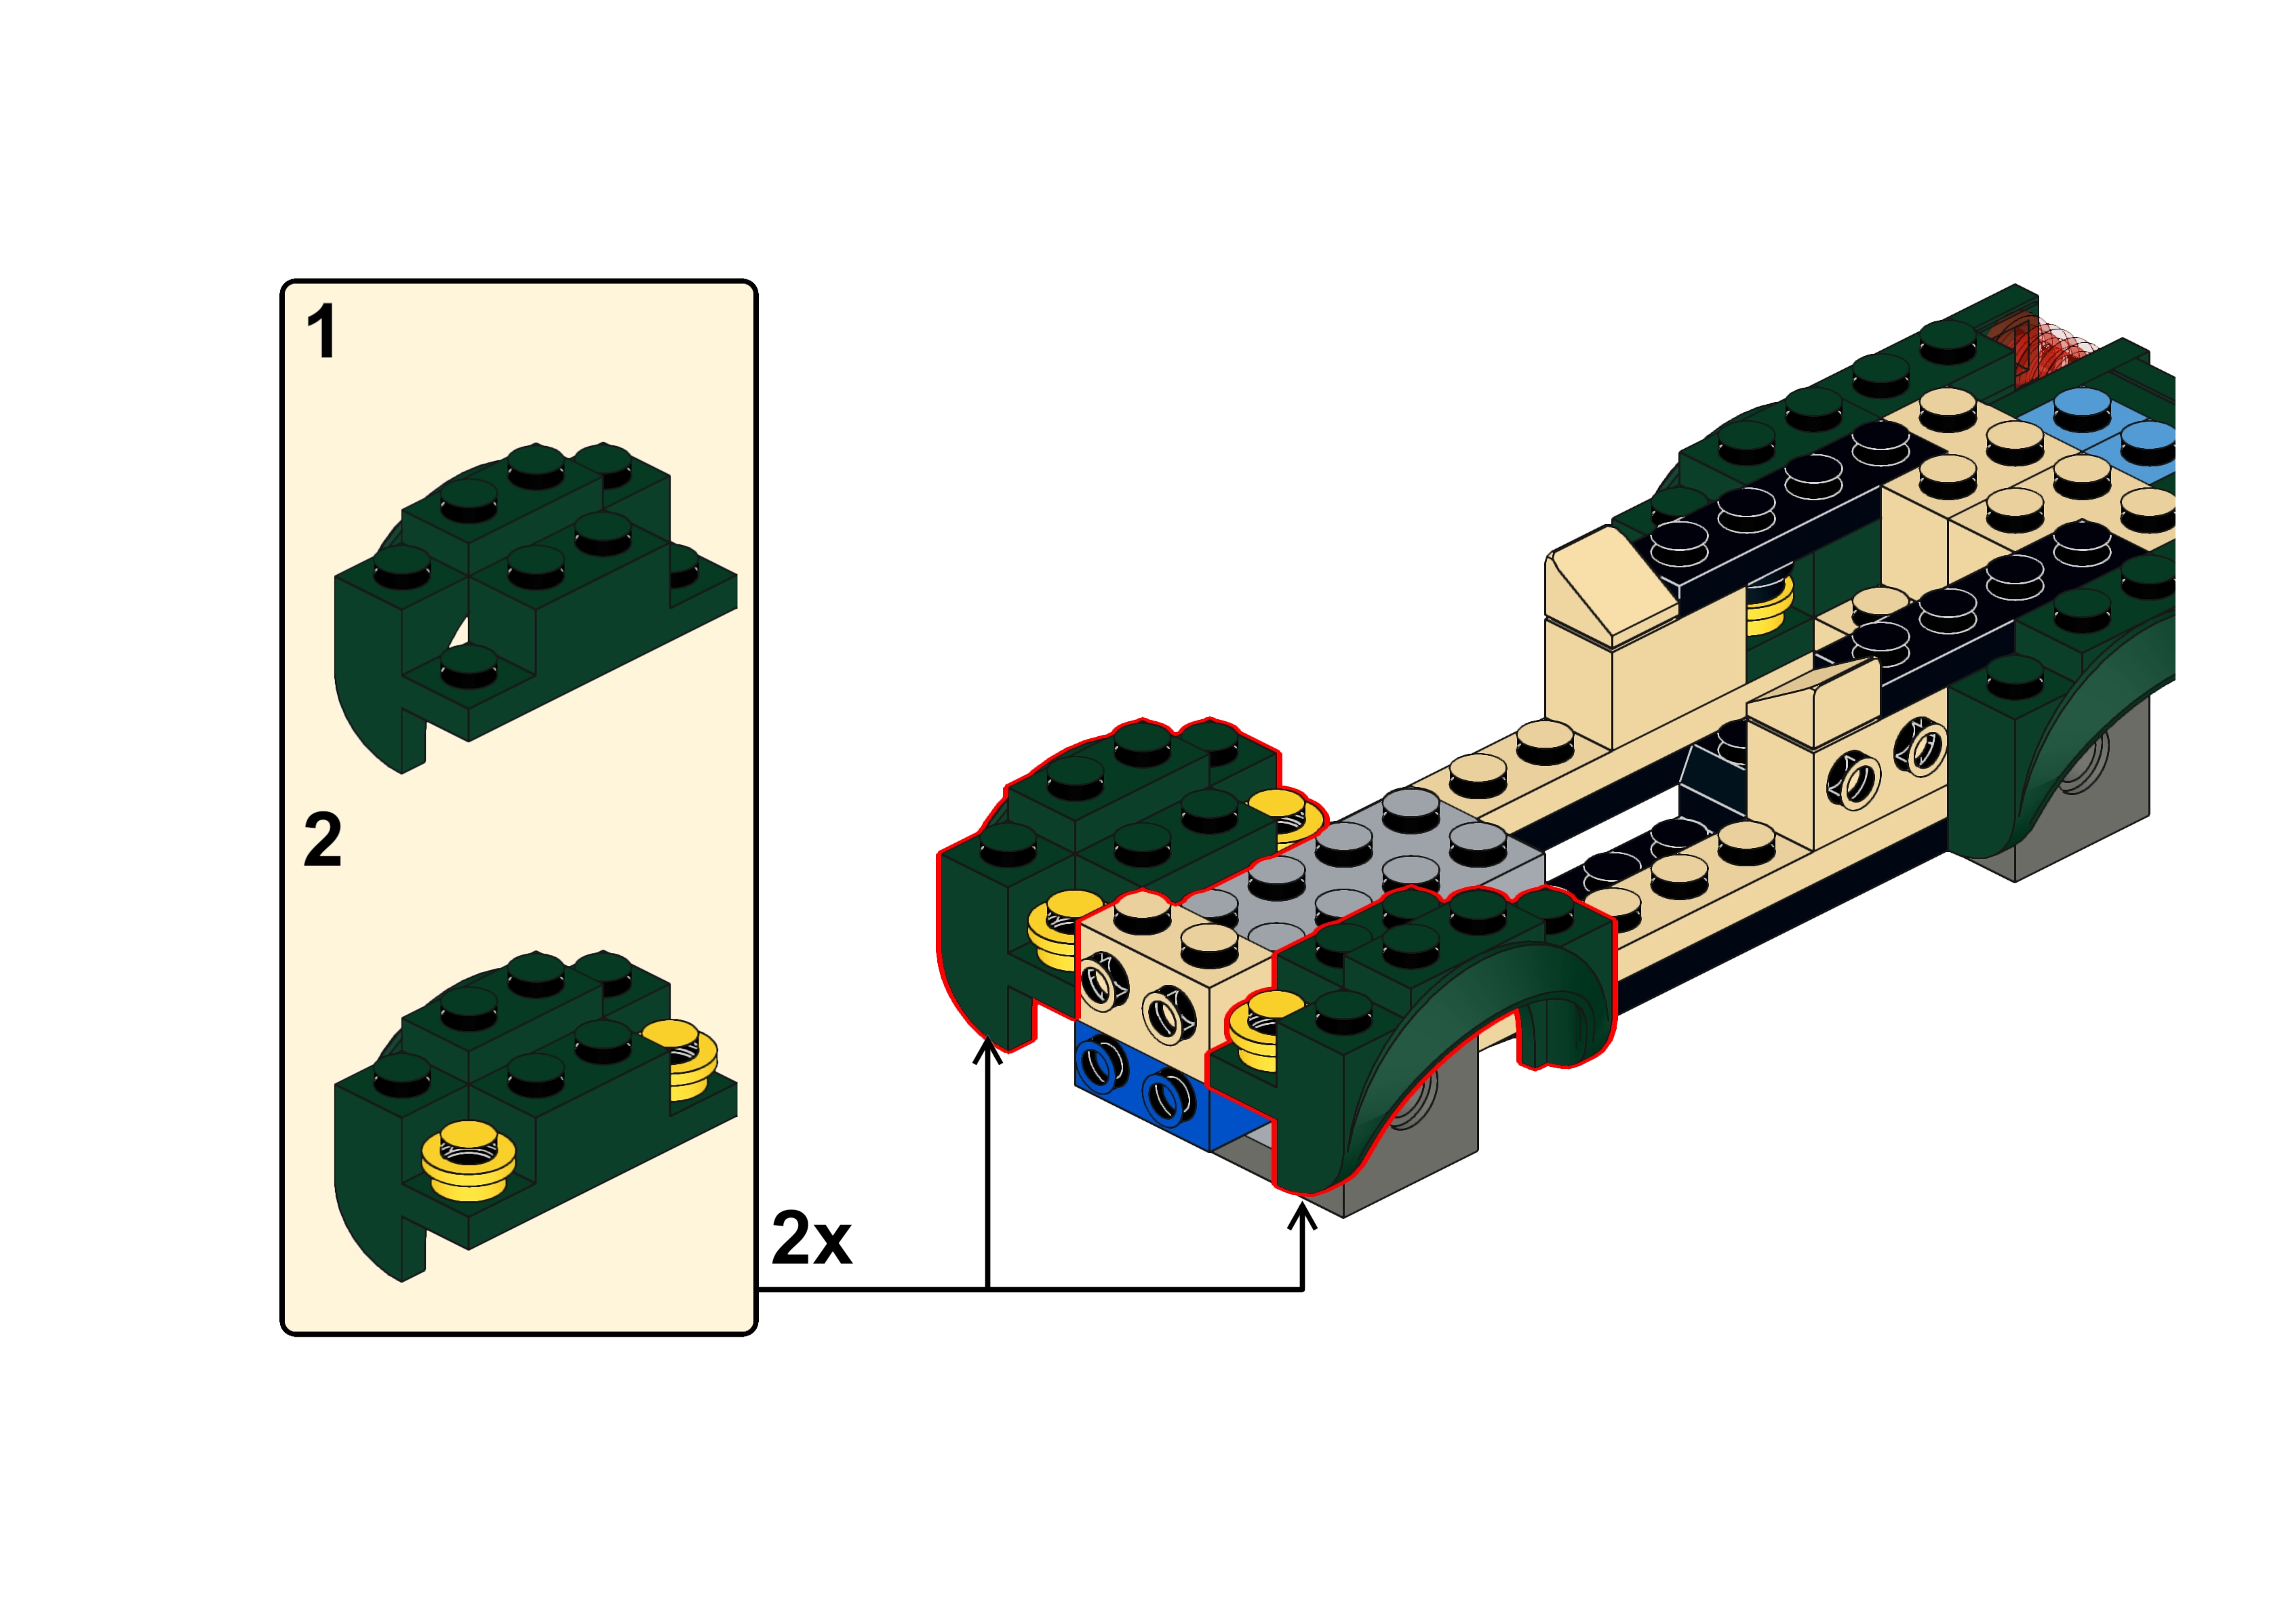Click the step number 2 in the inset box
pos(322,841)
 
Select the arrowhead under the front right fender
pos(1302,1217)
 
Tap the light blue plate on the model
pos(2110,433)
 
